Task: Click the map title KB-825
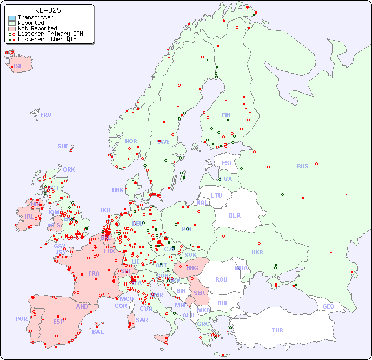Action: (x=48, y=10)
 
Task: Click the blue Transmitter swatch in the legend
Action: (x=12, y=18)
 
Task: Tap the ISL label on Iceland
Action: (x=18, y=67)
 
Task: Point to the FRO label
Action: (x=46, y=115)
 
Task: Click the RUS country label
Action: (x=302, y=166)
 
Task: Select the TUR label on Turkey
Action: (x=277, y=330)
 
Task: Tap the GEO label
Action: (x=328, y=306)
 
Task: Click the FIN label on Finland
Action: (x=226, y=115)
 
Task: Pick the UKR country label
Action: (x=257, y=252)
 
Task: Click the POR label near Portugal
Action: (x=21, y=319)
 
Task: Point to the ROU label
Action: (x=221, y=279)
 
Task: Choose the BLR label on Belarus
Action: (x=235, y=215)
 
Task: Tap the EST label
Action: (x=227, y=163)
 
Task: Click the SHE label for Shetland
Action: (x=63, y=146)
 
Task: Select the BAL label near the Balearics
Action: (x=98, y=332)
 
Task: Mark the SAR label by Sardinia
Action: (x=142, y=320)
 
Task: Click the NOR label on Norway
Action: (x=131, y=141)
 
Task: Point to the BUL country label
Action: (x=223, y=303)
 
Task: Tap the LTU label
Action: (x=216, y=195)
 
